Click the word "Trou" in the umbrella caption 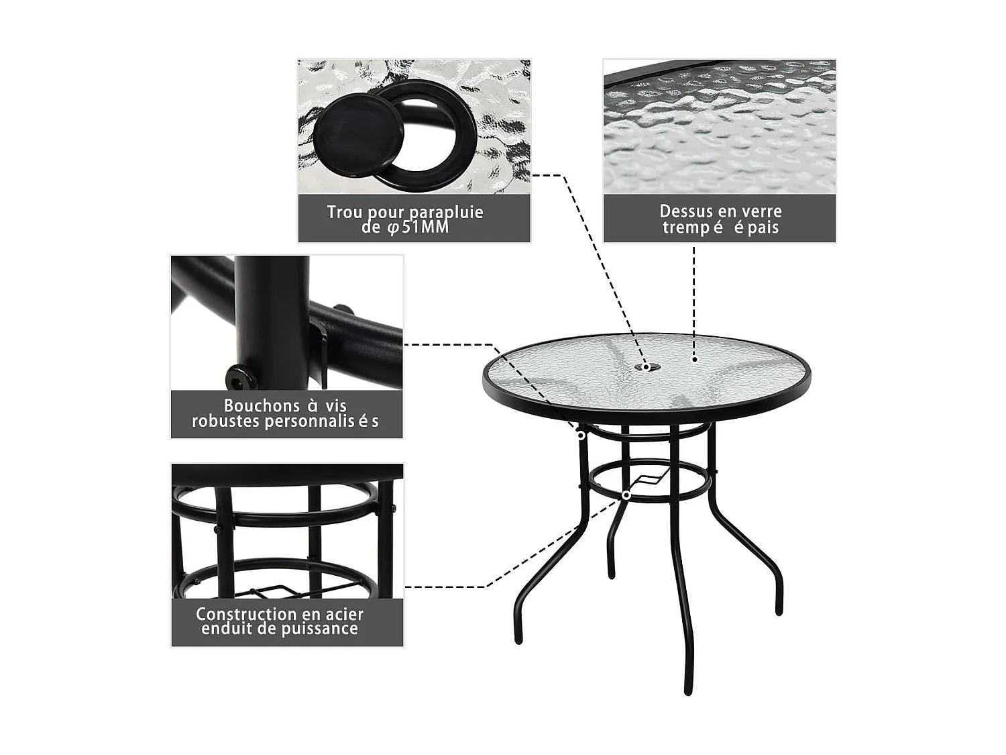(344, 213)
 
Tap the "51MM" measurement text (425, 228)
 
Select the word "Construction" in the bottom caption (237, 614)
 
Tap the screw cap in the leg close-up (241, 380)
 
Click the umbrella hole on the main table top (647, 366)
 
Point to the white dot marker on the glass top (695, 360)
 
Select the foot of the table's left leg (518, 639)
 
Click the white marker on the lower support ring (626, 495)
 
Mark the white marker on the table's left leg (581, 435)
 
